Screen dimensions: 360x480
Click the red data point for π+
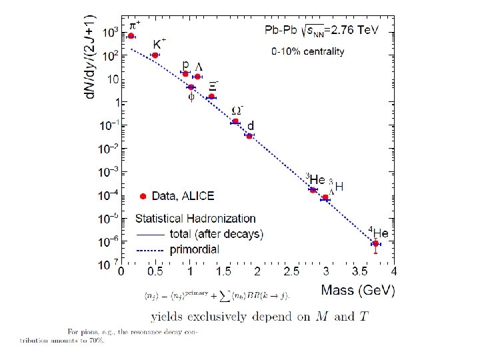(131, 36)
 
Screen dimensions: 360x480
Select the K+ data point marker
(155, 55)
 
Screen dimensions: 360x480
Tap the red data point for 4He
(376, 244)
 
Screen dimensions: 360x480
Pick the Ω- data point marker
(235, 121)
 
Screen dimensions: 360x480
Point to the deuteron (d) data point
(249, 136)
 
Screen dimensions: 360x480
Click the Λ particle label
(198, 67)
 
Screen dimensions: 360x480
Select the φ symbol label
(191, 97)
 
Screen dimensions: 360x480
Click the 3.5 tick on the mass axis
(360, 272)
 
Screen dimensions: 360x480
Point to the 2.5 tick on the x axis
(291, 272)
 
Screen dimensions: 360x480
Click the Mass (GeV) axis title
(357, 290)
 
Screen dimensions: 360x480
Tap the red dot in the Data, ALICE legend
(143, 196)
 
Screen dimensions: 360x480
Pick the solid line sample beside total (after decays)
(150, 235)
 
